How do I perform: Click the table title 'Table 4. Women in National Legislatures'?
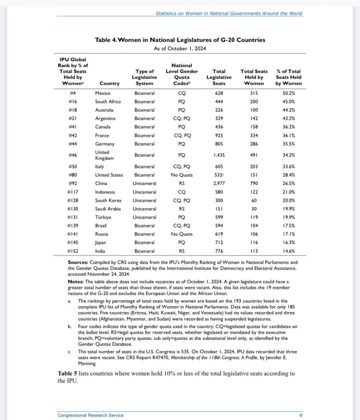[180, 40]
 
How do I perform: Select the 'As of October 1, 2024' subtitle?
[180, 48]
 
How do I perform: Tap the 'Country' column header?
[109, 83]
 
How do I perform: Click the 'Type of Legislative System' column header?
[144, 77]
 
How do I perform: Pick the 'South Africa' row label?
[108, 101]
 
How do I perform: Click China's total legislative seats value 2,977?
[219, 184]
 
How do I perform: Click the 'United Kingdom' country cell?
[103, 155]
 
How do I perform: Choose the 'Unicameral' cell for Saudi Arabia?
[144, 209]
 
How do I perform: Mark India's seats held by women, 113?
[254, 251]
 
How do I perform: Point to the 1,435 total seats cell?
[219, 155]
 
